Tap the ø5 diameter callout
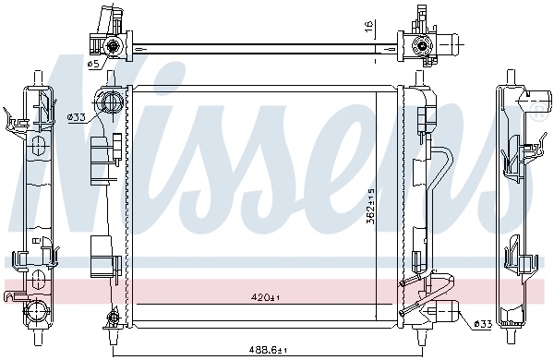click(x=93, y=64)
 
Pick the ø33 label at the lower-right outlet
click(x=481, y=323)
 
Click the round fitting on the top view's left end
click(x=112, y=45)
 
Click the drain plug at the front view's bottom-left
click(x=113, y=321)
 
